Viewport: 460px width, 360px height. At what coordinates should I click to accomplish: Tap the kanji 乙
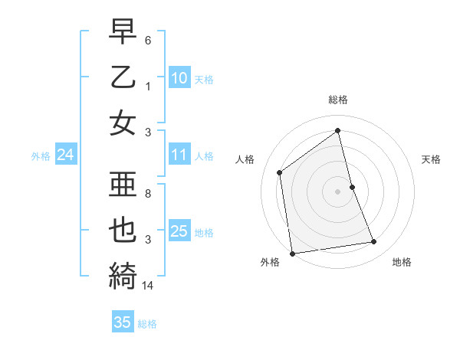(x=123, y=78)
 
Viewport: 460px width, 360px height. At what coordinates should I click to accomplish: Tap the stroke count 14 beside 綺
(x=149, y=285)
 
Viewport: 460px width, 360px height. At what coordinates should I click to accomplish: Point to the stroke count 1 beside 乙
(x=149, y=87)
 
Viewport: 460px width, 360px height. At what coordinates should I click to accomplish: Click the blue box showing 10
(x=179, y=77)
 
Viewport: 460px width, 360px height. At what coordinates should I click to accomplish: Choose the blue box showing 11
(x=179, y=155)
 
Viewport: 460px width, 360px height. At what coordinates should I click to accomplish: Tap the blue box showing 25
(x=179, y=231)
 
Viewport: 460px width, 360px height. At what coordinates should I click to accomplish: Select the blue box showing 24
(x=65, y=155)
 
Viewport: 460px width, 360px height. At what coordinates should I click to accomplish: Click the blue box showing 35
(x=123, y=322)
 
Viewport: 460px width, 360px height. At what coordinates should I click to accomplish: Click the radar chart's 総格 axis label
(x=338, y=100)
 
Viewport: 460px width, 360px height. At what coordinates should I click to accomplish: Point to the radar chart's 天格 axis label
(x=432, y=159)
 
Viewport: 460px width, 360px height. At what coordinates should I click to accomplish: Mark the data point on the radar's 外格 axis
(x=292, y=254)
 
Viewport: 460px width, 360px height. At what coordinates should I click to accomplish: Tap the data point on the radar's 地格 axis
(x=374, y=242)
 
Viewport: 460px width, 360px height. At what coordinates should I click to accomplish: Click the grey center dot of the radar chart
(x=338, y=191)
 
